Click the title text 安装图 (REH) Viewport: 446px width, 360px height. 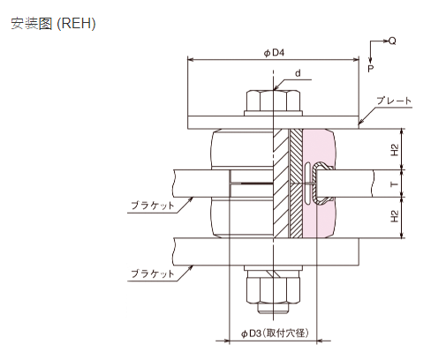pos(53,24)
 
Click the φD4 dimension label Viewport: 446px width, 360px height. pos(274,53)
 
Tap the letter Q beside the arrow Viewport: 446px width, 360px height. pos(392,41)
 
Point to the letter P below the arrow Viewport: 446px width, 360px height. pos(371,69)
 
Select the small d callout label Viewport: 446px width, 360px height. pos(298,73)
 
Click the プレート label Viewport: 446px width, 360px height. pos(394,101)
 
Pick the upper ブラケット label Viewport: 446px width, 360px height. pos(153,205)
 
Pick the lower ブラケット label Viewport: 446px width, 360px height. pos(153,274)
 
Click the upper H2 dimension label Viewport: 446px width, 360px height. pos(395,150)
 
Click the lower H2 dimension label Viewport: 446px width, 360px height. pos(395,216)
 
